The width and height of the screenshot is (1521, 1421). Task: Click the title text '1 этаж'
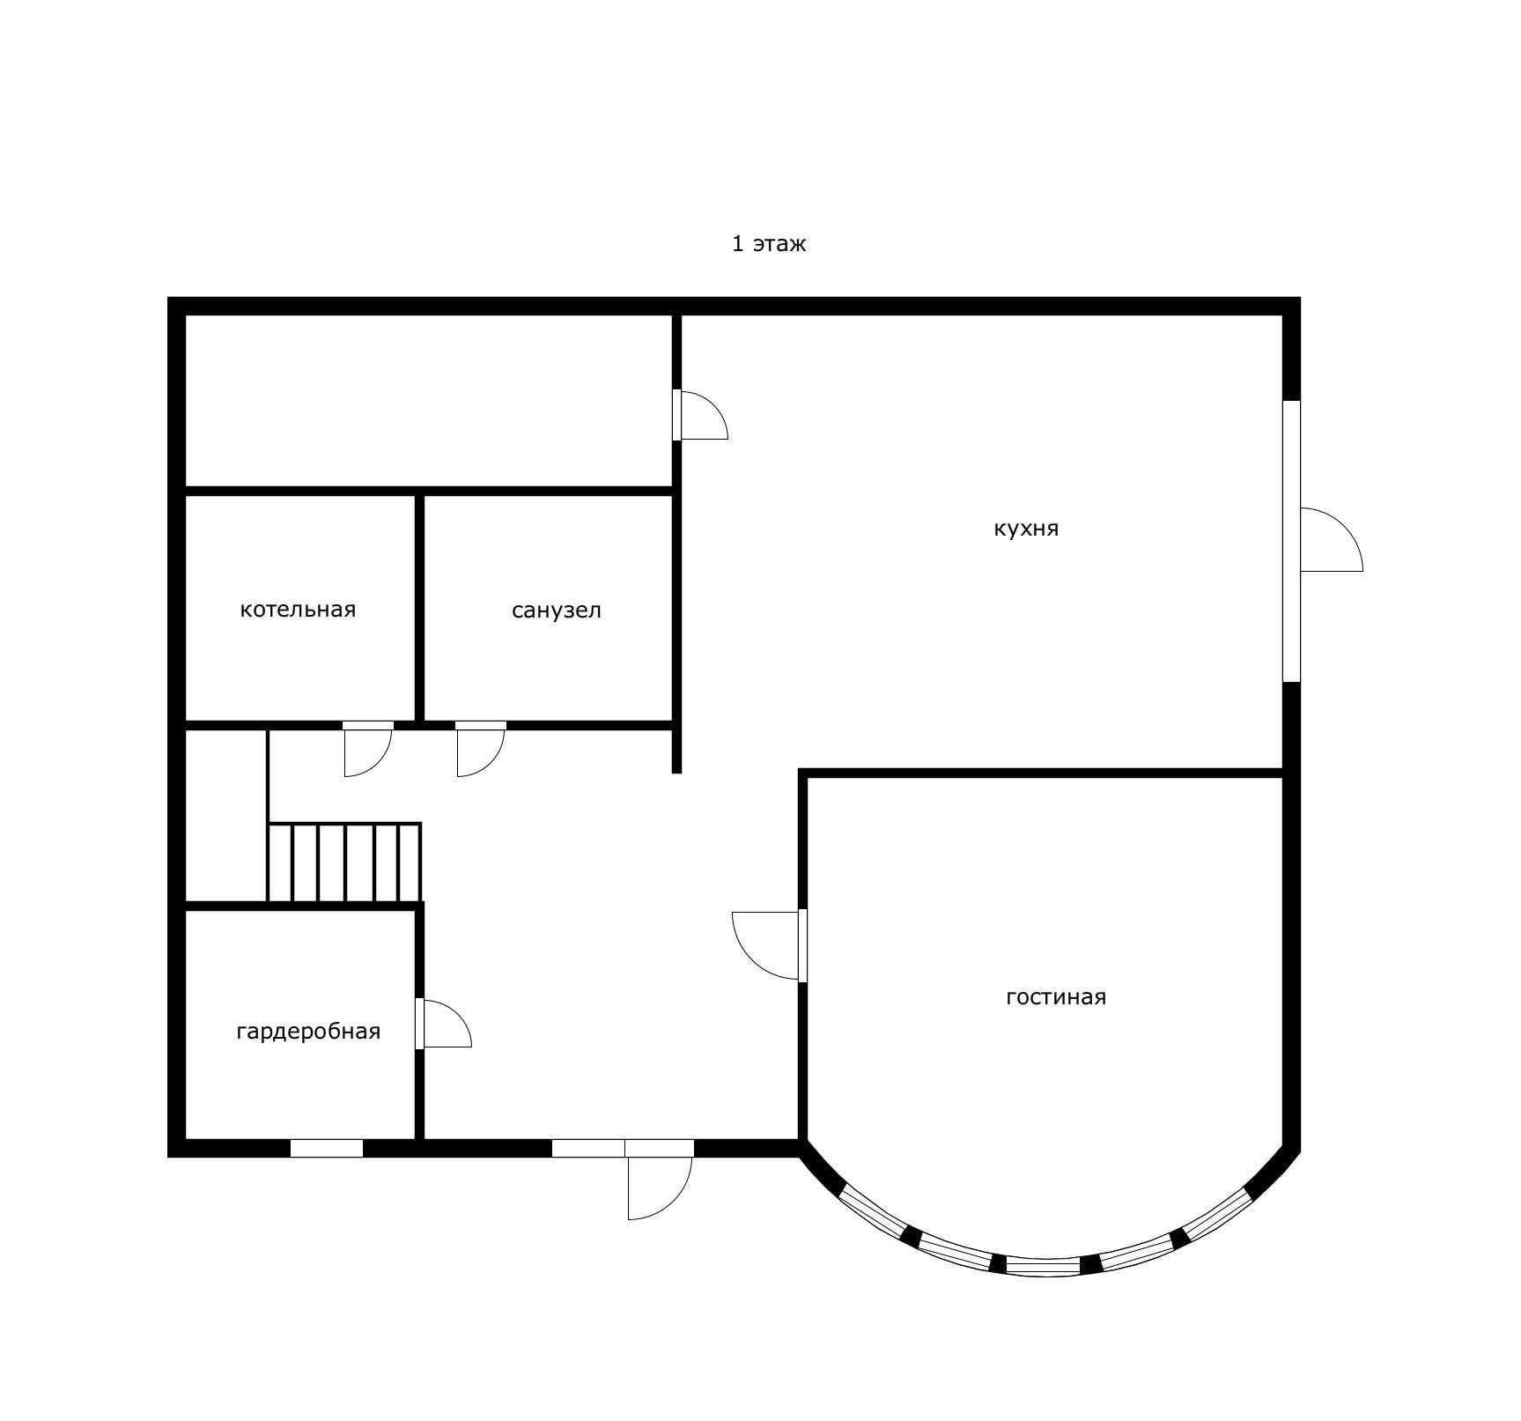tap(768, 243)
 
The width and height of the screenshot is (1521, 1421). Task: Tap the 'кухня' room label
tap(1026, 529)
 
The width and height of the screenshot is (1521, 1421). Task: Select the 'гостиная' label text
tap(1055, 996)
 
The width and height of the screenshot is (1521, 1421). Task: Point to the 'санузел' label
tap(557, 611)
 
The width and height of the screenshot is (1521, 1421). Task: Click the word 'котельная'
tap(298, 610)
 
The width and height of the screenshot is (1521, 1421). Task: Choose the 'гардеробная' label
tap(308, 1032)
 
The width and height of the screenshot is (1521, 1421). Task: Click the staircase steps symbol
tap(344, 862)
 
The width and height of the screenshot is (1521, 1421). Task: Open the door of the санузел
tap(481, 750)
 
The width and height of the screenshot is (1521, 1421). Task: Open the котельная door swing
tap(368, 750)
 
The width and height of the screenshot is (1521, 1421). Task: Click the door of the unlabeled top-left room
tap(700, 415)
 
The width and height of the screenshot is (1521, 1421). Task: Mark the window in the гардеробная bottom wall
tap(327, 1149)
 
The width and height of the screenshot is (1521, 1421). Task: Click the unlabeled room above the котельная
tap(429, 400)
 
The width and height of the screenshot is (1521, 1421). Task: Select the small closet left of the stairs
tap(225, 816)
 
